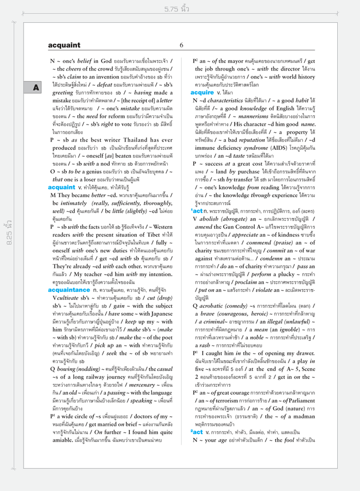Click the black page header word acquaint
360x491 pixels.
(x=64, y=45)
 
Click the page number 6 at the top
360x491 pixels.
(x=181, y=45)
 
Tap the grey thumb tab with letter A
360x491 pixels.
(x=36, y=87)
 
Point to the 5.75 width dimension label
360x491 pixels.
(x=177, y=9)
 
